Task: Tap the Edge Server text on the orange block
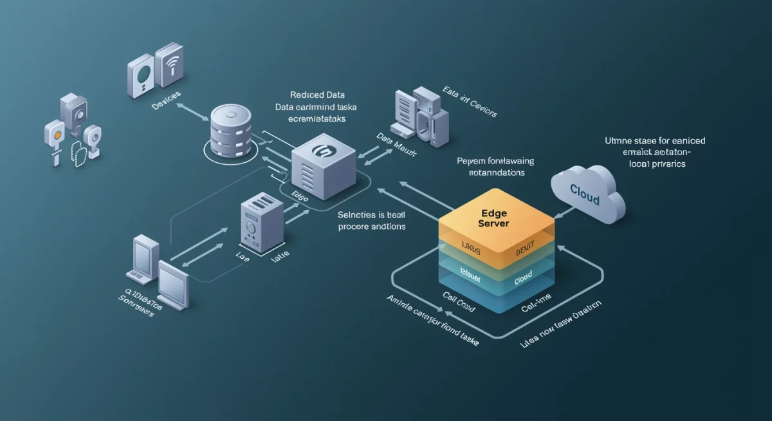495,217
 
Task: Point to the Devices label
165,104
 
